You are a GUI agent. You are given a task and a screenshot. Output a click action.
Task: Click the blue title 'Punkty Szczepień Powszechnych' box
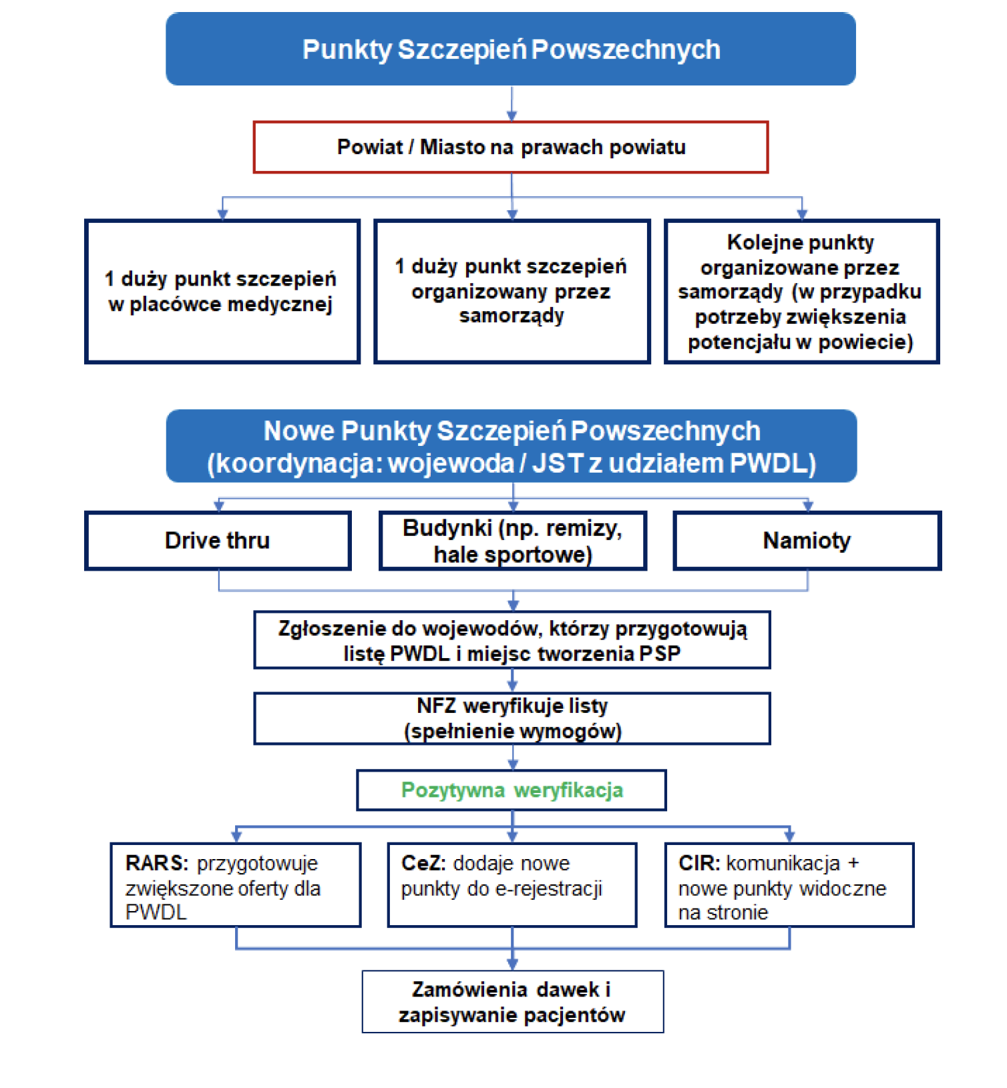pyautogui.click(x=511, y=49)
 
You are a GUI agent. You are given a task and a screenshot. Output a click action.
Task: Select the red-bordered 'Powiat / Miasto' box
pyautogui.click(x=511, y=147)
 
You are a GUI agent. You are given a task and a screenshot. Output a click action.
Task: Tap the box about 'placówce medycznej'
pyautogui.click(x=222, y=292)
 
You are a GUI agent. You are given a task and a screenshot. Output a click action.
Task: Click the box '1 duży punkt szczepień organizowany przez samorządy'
pyautogui.click(x=512, y=292)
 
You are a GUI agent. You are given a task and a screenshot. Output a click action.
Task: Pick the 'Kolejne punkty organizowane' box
pyautogui.click(x=801, y=292)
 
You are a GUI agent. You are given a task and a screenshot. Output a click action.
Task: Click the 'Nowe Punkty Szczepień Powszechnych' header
pyautogui.click(x=512, y=446)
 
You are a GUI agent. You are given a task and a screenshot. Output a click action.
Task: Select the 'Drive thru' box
pyautogui.click(x=218, y=540)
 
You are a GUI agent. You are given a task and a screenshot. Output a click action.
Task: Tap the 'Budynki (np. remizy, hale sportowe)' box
pyautogui.click(x=513, y=541)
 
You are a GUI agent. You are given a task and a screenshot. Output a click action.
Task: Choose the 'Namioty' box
pyautogui.click(x=807, y=540)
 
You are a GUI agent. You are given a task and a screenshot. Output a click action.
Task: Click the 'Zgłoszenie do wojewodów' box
pyautogui.click(x=512, y=640)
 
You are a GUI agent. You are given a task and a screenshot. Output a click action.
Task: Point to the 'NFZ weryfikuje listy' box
pyautogui.click(x=512, y=718)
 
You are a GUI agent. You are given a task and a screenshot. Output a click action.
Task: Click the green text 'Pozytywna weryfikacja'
pyautogui.click(x=512, y=790)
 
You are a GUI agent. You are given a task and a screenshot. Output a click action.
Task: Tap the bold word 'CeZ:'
pyautogui.click(x=423, y=863)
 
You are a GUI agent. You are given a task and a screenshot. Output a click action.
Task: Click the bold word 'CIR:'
pyautogui.click(x=698, y=863)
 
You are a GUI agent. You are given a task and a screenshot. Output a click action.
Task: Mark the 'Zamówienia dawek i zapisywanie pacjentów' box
pyautogui.click(x=512, y=1002)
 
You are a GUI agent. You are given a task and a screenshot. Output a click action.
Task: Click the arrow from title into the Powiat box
pyautogui.click(x=512, y=104)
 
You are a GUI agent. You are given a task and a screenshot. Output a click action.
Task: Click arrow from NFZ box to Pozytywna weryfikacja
pyautogui.click(x=512, y=758)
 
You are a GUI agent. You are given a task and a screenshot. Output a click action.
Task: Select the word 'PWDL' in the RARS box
pyautogui.click(x=156, y=912)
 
